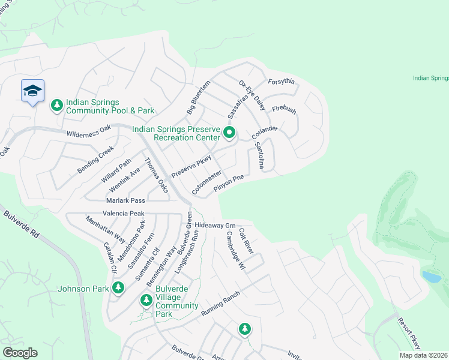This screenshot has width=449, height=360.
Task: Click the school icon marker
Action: point(32,91)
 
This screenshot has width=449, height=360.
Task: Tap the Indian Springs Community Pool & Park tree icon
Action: point(57,106)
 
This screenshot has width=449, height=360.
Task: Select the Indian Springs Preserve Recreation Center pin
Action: point(229,132)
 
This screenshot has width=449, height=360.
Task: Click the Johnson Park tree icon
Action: point(118,288)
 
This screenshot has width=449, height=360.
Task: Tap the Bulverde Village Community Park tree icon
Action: point(146,300)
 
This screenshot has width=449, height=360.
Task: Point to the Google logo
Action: point(20,353)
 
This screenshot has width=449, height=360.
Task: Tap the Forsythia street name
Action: point(282,82)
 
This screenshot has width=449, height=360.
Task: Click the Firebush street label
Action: point(284,110)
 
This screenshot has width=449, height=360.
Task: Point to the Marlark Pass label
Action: point(125,200)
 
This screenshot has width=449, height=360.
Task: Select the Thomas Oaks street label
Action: point(157,175)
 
